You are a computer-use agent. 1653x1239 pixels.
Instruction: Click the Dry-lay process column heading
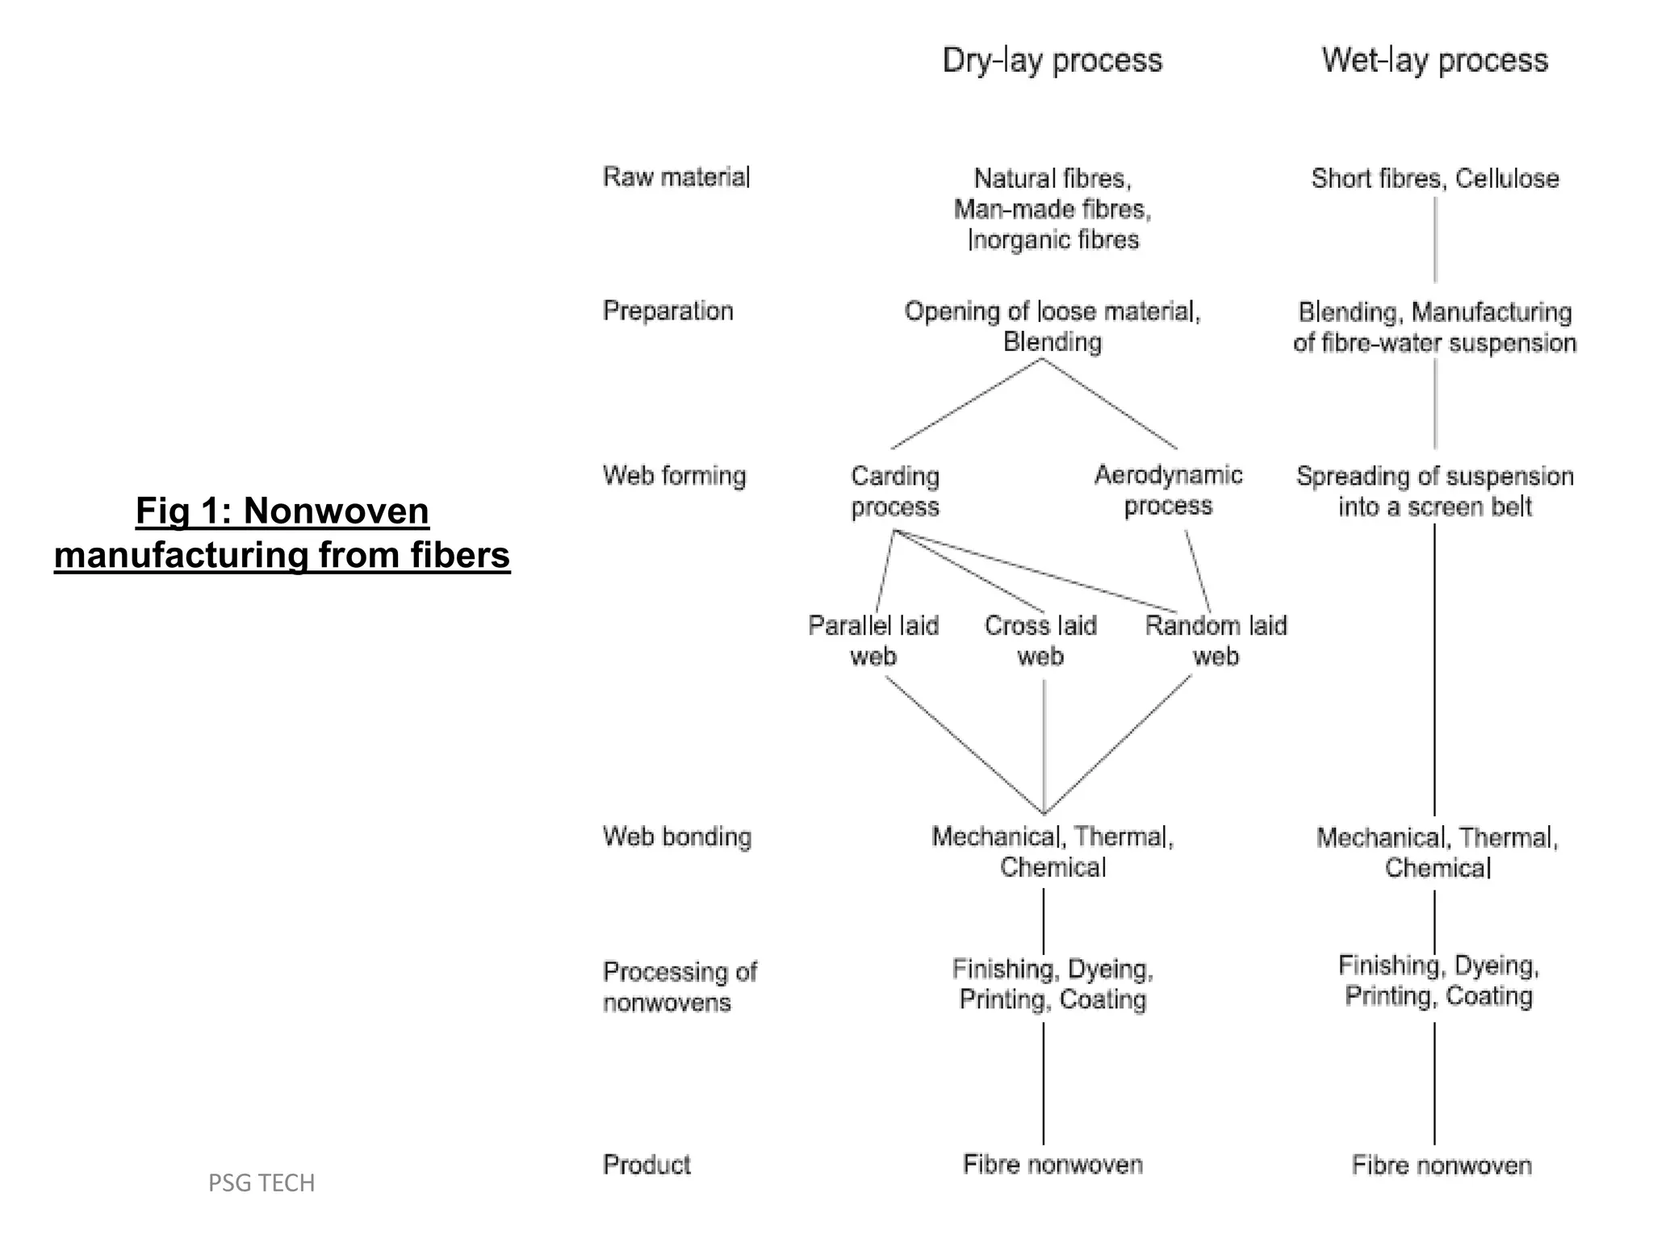[1052, 61]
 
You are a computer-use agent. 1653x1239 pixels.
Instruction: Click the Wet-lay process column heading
[1434, 61]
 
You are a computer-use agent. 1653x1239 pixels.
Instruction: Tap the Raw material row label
[676, 177]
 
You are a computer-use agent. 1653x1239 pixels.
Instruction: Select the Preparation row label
[667, 311]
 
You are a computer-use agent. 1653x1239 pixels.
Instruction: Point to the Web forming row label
[674, 475]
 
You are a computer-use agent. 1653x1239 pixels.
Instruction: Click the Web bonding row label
[676, 836]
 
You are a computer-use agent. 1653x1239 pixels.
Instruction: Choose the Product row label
[647, 1164]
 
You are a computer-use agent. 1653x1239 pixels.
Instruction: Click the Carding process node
[895, 491]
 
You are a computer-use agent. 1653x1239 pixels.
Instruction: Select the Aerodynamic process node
[1168, 490]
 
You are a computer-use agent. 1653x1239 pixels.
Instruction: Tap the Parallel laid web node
[873, 640]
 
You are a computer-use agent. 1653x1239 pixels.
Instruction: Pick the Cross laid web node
[1040, 640]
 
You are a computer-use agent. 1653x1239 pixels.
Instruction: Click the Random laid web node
[1216, 640]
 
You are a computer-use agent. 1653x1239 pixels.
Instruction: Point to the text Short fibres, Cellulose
[1434, 178]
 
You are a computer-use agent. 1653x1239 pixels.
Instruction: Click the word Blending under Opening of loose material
[1052, 342]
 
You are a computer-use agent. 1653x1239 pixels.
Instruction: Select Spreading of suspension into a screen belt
[1434, 491]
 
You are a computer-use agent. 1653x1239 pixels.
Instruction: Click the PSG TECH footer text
[262, 1183]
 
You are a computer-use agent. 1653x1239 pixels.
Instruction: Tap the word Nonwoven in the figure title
[336, 511]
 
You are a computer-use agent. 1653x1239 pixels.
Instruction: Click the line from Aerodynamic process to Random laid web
[1198, 572]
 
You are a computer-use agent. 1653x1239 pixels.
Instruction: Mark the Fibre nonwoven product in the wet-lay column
[1441, 1165]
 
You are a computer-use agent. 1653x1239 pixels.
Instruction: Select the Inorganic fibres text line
[1053, 240]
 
